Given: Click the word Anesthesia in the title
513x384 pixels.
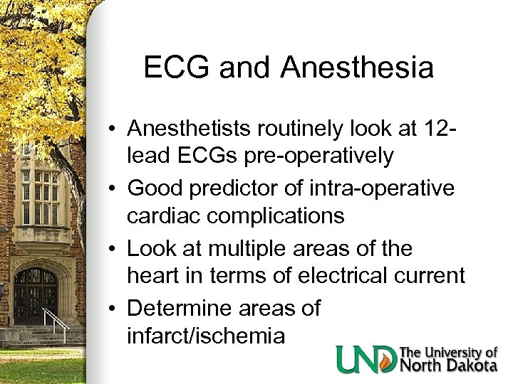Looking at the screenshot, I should point(357,68).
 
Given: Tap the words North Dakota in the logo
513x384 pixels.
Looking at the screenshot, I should point(448,366).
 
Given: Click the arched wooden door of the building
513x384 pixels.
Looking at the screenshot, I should point(36,296).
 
